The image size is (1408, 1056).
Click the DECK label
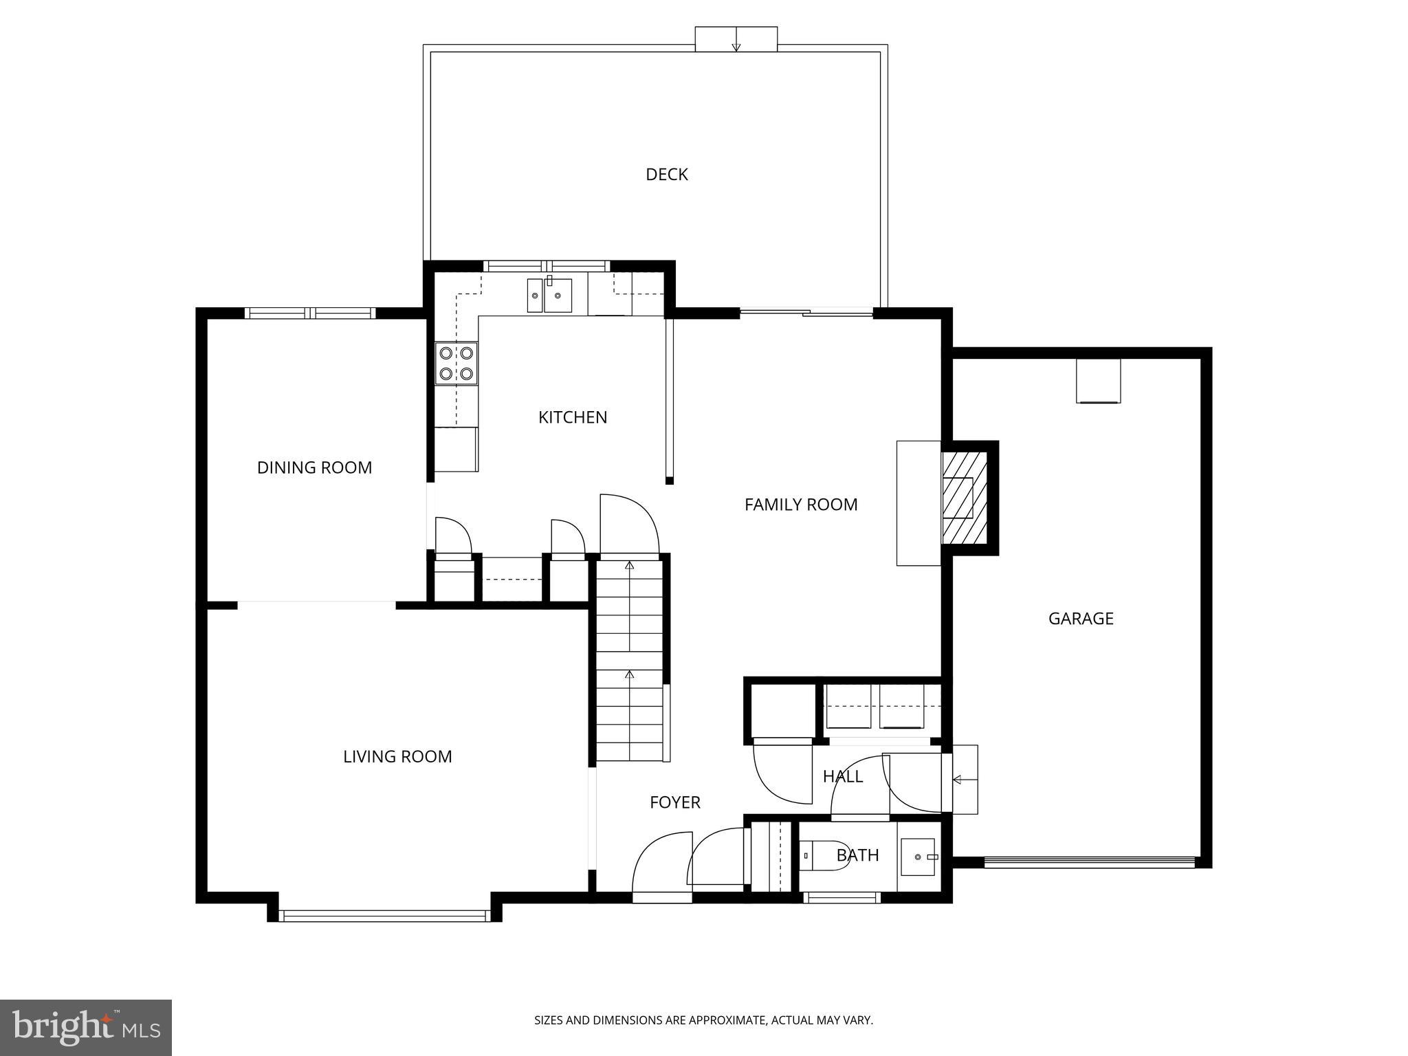coord(666,175)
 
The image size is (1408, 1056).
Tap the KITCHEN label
coord(572,417)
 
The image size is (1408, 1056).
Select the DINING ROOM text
coord(314,467)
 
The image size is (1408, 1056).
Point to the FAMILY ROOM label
coord(800,505)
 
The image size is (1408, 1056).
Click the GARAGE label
coord(1080,619)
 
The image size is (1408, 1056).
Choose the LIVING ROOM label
coord(397,757)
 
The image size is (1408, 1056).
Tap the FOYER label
coord(674,802)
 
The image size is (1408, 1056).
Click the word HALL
coord(842,777)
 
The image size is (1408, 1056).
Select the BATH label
coord(857,855)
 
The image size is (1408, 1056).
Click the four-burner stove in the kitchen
coord(456,363)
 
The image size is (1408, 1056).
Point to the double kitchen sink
coord(549,296)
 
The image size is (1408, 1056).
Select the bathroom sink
coord(918,857)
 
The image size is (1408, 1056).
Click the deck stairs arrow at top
coord(736,40)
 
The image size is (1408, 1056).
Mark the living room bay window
coord(384,916)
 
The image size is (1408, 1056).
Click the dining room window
coord(311,313)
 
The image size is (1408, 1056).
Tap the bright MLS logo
coord(85,1028)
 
